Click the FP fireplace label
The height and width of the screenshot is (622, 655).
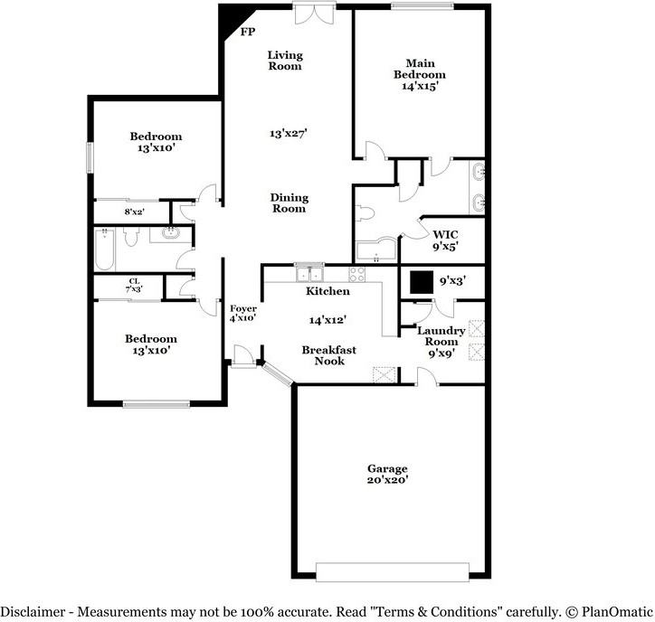(x=246, y=32)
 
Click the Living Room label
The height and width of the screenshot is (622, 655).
(x=284, y=61)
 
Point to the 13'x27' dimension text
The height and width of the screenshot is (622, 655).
(x=289, y=133)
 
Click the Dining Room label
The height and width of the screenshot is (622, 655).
(x=290, y=203)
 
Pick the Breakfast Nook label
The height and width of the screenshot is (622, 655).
(x=329, y=355)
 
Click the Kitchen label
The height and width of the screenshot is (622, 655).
(x=327, y=291)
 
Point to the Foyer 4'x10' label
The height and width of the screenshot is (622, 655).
(x=242, y=313)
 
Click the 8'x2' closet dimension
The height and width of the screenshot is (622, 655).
(x=135, y=212)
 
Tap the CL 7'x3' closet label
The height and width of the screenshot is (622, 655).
(x=134, y=285)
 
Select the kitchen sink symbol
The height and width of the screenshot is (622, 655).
(x=309, y=272)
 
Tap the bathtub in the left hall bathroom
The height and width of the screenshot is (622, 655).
(x=103, y=249)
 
